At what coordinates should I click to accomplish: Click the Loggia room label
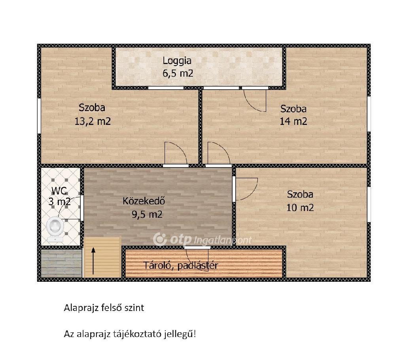coord(177,61)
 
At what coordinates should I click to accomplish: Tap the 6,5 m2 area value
coord(178,74)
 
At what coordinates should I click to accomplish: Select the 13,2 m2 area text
coord(93,121)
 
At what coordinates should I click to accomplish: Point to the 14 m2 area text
coord(293,121)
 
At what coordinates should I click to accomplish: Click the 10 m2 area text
coord(300,207)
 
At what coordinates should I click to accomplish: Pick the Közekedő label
coord(144,201)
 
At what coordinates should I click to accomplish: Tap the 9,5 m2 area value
coord(147,215)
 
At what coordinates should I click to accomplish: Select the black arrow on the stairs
coord(93,261)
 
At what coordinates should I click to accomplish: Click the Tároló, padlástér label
coord(180,265)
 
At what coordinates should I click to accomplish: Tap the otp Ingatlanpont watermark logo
coord(202,239)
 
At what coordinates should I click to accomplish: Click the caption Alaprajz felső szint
coord(104,308)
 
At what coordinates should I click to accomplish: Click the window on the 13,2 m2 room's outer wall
coord(39,116)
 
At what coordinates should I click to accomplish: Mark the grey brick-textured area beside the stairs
coord(61,263)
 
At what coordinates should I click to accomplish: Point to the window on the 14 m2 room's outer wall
coord(369,114)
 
